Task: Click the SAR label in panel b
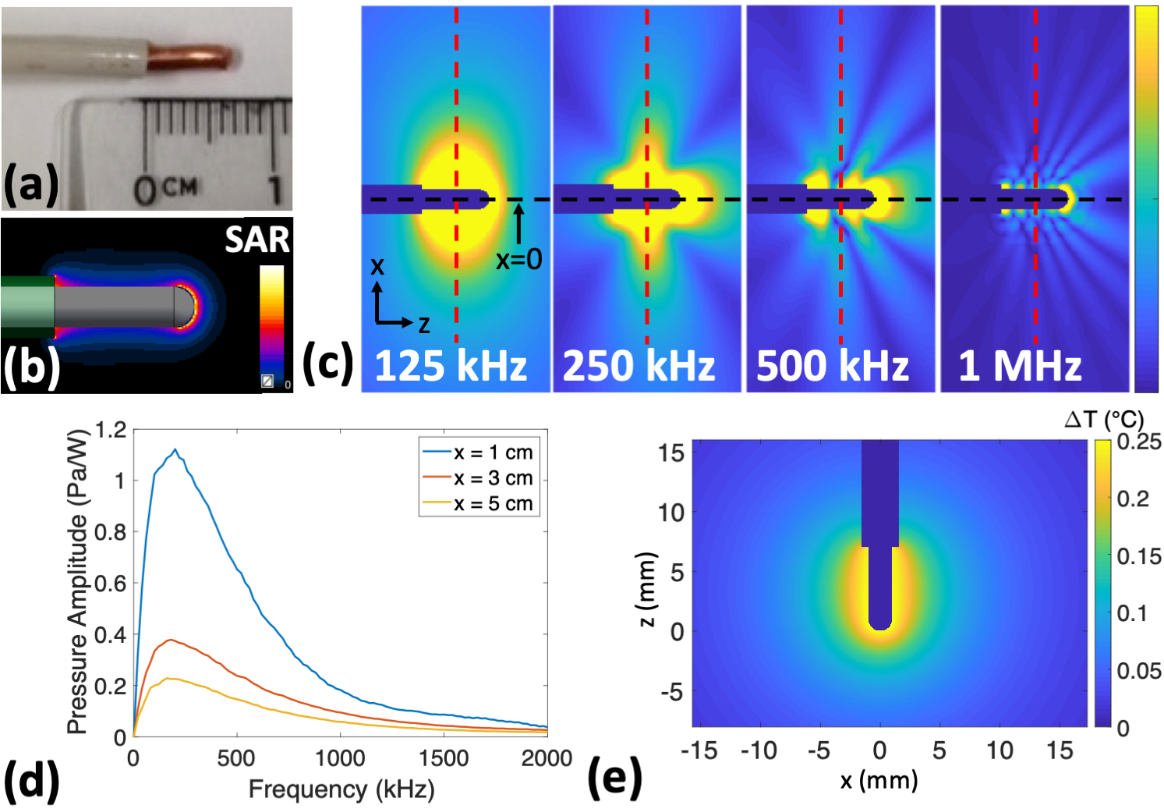pos(257,240)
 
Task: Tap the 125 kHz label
pos(451,365)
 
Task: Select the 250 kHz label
pos(639,365)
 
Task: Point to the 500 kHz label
pos(833,365)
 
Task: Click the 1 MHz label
pos(1020,365)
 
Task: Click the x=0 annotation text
pos(519,258)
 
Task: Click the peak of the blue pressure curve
pos(175,450)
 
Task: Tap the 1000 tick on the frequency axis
pos(340,758)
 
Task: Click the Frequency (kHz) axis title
pos(341,789)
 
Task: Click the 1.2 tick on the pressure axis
pos(111,430)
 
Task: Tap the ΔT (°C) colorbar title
pos(1104,420)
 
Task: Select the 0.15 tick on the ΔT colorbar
pos(1139,556)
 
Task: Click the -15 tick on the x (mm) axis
pos(699,750)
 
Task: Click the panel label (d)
pos(32,780)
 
